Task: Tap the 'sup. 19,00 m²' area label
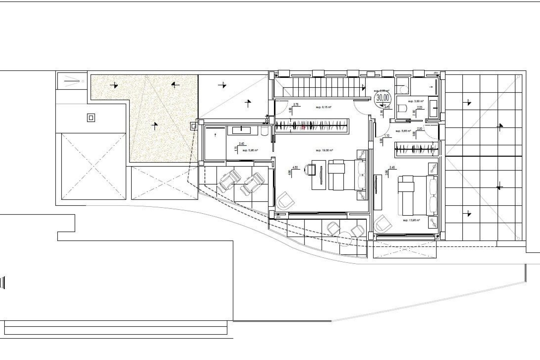click(x=325, y=150)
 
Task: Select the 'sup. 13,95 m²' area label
click(x=411, y=220)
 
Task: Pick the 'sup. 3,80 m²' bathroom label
click(x=415, y=101)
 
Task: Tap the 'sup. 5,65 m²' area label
click(x=403, y=131)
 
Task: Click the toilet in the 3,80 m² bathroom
click(x=403, y=108)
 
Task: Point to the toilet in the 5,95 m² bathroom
click(x=265, y=131)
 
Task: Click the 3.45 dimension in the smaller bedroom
click(x=393, y=167)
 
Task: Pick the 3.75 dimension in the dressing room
click(x=296, y=104)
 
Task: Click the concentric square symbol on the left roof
click(x=91, y=118)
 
